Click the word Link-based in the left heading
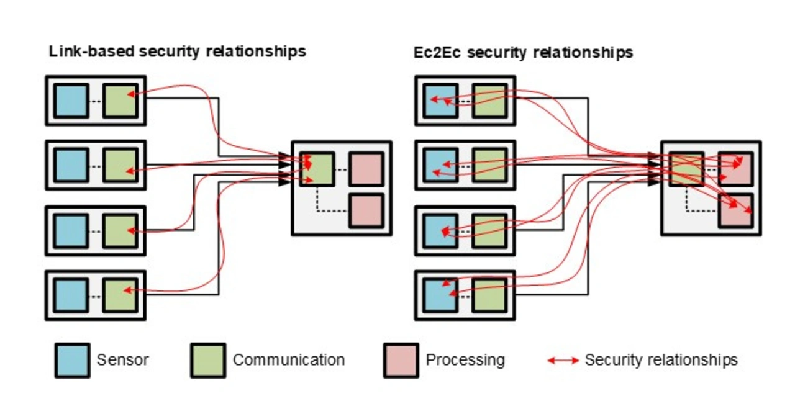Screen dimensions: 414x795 click(91, 52)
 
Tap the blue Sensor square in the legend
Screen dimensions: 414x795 click(71, 361)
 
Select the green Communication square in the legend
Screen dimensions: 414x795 click(208, 361)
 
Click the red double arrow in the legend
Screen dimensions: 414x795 click(563, 361)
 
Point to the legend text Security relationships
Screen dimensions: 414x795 click(661, 360)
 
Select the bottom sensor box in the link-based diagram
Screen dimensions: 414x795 click(71, 295)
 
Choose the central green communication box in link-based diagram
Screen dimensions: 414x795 click(317, 169)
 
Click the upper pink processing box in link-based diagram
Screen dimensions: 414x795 click(366, 169)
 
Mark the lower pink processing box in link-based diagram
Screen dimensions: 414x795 click(366, 210)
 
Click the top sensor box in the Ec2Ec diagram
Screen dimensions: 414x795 click(440, 101)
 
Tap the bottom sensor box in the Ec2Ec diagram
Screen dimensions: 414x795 click(440, 295)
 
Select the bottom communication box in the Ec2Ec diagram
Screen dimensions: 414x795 click(489, 295)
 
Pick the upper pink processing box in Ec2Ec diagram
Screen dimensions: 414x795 click(736, 169)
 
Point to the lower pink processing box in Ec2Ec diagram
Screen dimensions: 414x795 click(736, 210)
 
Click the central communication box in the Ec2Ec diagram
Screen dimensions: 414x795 click(687, 169)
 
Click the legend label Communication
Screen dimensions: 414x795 click(288, 360)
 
